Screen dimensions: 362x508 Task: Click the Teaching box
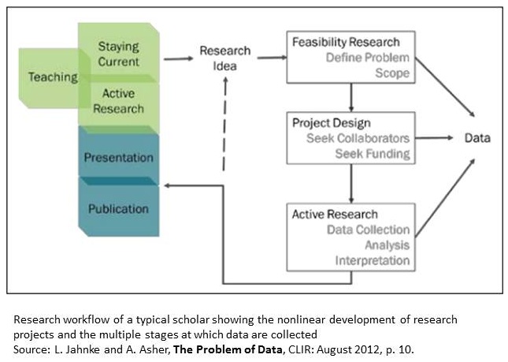pyautogui.click(x=52, y=77)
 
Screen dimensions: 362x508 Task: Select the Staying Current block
pyautogui.click(x=119, y=54)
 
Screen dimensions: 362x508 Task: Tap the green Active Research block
pyautogui.click(x=118, y=101)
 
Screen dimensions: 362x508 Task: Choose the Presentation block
pyautogui.click(x=118, y=158)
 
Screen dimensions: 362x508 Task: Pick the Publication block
pyautogui.click(x=118, y=209)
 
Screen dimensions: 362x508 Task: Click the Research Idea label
pyautogui.click(x=224, y=58)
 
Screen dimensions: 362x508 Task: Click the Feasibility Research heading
pyautogui.click(x=346, y=42)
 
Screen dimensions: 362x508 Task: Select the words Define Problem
pyautogui.click(x=368, y=58)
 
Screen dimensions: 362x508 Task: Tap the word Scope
pyautogui.click(x=392, y=73)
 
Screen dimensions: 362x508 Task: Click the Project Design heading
pyautogui.click(x=331, y=123)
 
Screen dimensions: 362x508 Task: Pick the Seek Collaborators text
pyautogui.click(x=358, y=139)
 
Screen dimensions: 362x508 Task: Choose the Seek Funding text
pyautogui.click(x=372, y=154)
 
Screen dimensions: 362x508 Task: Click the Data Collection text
pyautogui.click(x=368, y=230)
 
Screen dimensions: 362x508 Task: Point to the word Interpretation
pyautogui.click(x=373, y=260)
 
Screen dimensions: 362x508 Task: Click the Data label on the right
pyautogui.click(x=477, y=138)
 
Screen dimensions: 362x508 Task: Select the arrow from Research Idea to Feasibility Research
pyautogui.click(x=271, y=57)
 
